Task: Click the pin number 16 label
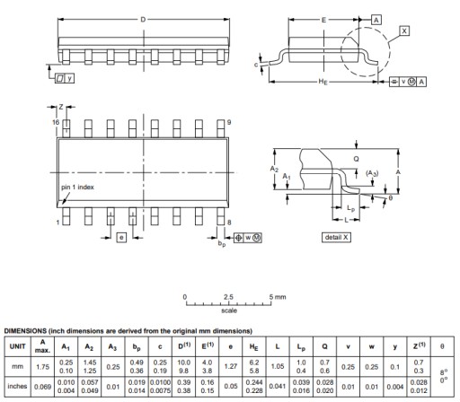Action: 56,122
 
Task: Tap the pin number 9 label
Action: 229,122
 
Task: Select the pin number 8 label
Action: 229,223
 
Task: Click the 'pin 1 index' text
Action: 77,188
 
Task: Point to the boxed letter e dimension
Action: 121,238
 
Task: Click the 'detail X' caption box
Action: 336,237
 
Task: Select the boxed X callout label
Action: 404,31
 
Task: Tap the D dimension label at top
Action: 143,20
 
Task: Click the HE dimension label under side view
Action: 323,82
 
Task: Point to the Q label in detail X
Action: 356,159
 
